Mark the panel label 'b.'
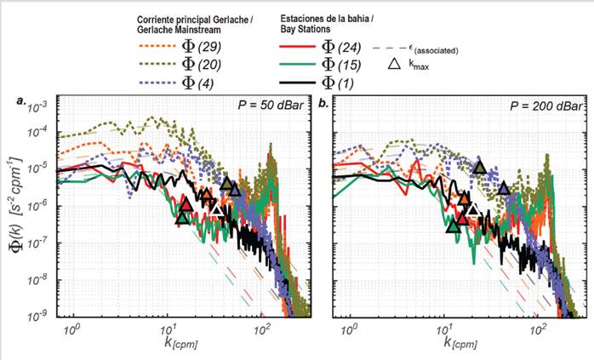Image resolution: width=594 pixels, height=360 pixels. pyautogui.click(x=323, y=102)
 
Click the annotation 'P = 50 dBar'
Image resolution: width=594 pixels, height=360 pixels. pyautogui.click(x=271, y=106)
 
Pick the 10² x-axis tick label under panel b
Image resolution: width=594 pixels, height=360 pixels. pyautogui.click(x=537, y=327)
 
